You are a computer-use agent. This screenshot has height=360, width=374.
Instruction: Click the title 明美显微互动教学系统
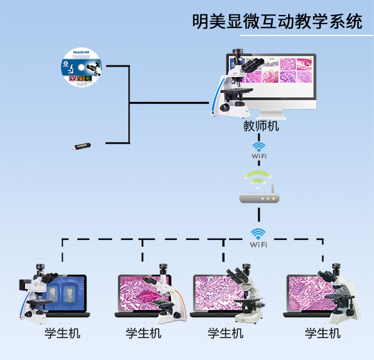point(277,22)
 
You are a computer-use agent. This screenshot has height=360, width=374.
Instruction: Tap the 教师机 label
point(261,126)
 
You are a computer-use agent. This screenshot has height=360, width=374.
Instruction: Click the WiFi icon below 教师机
point(259,150)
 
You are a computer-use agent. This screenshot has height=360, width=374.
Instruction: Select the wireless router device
point(259,198)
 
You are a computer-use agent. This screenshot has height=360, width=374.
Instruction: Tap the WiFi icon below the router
point(259,237)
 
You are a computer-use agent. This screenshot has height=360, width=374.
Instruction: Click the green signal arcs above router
point(259,178)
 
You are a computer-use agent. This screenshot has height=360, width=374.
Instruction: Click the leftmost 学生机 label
point(62,333)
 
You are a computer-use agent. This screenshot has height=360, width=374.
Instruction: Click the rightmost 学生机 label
point(322,333)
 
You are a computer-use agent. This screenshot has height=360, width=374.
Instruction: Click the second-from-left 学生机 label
point(143,333)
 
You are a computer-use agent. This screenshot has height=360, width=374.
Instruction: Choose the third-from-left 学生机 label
point(225,333)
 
